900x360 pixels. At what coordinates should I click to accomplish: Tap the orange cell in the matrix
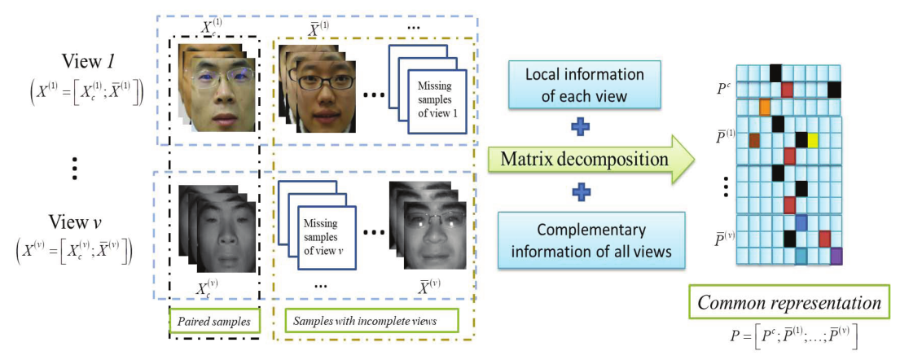pyautogui.click(x=765, y=107)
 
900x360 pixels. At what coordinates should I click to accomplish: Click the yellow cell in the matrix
pyautogui.click(x=812, y=140)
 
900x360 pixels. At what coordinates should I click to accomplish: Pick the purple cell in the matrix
pyautogui.click(x=836, y=256)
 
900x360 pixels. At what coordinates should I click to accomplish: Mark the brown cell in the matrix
pyautogui.click(x=754, y=141)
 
